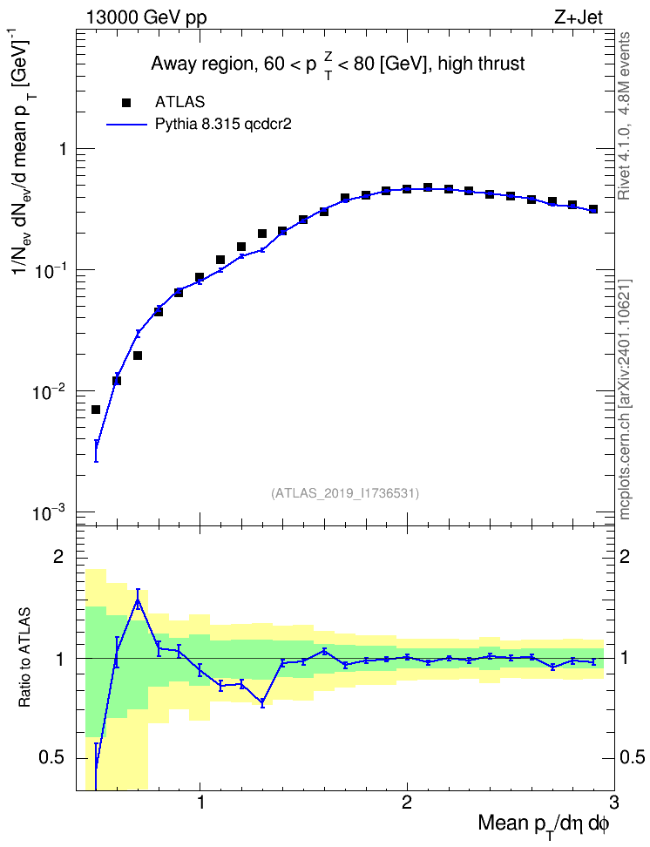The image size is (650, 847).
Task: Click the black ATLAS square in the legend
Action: [x=126, y=102]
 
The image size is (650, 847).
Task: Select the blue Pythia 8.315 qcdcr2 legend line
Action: [x=126, y=125]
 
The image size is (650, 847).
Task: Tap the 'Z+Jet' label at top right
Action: [x=578, y=17]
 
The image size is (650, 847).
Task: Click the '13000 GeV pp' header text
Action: [x=146, y=17]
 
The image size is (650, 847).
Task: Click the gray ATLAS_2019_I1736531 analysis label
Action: [x=345, y=492]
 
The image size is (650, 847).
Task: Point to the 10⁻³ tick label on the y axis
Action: [x=49, y=512]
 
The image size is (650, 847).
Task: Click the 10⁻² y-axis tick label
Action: [x=49, y=391]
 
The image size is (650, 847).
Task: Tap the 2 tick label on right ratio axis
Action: [x=625, y=557]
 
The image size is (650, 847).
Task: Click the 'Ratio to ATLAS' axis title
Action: [x=24, y=657]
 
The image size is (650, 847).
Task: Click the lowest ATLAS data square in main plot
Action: [x=96, y=410]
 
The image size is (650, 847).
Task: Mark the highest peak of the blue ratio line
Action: [x=138, y=599]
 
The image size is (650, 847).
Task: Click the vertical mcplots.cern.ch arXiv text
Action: [x=625, y=399]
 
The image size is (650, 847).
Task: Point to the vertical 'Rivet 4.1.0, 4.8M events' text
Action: [x=625, y=116]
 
